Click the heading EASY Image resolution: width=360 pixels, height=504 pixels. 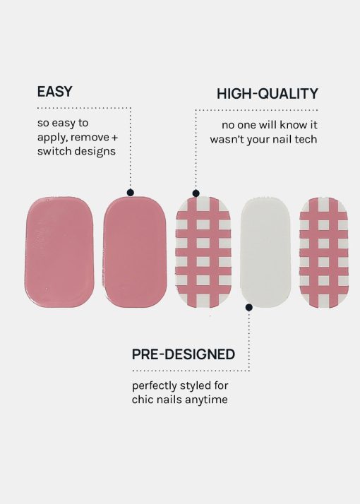point(54,92)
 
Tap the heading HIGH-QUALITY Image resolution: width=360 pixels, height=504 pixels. point(267,94)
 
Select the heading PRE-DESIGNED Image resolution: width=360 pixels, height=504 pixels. point(184,354)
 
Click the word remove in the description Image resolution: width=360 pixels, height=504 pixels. point(90,137)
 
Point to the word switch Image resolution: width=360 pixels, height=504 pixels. point(53,151)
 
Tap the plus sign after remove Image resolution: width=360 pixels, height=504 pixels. point(114,138)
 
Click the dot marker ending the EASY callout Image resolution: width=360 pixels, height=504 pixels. point(130,193)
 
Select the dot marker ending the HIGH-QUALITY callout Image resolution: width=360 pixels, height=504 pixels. point(196,193)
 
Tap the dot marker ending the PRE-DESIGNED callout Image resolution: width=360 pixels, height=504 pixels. point(248,307)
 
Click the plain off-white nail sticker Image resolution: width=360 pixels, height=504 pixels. point(265,252)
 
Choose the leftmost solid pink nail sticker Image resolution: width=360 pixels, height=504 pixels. point(59,252)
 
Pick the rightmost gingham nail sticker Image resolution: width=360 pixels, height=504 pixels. point(324,253)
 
